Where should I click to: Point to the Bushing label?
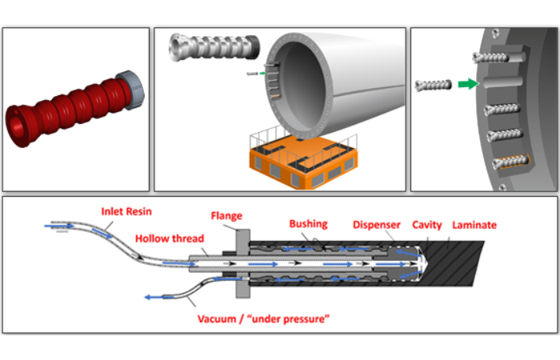(x=308, y=225)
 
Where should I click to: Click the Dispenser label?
(x=376, y=225)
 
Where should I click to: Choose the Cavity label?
(x=428, y=225)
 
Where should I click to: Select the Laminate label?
(x=475, y=225)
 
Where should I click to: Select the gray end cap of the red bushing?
(x=128, y=85)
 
